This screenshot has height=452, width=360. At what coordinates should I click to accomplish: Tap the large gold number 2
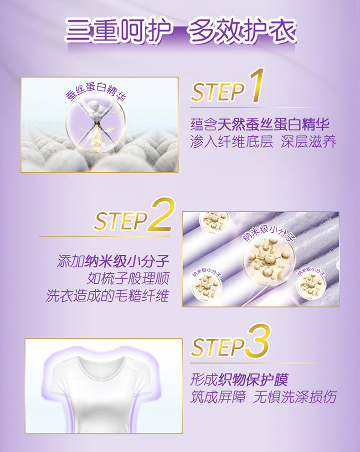point(161,214)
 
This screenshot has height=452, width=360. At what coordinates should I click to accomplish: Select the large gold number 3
point(258,340)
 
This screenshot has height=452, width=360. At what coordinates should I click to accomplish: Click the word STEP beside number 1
point(218,92)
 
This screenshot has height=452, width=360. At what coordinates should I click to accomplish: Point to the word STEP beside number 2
point(121,221)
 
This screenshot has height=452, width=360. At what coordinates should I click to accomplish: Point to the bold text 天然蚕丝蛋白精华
point(273,125)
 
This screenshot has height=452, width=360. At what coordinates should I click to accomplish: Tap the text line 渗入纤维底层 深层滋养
point(263,142)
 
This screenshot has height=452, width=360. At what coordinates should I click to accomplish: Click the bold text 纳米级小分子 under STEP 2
point(126,261)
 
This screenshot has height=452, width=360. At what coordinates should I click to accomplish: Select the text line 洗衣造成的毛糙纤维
point(107,296)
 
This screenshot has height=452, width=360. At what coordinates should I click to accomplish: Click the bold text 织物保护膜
point(253,379)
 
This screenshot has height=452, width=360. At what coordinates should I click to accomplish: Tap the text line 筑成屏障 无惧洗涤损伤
point(263,397)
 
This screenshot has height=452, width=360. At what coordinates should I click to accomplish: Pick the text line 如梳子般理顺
point(128,278)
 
